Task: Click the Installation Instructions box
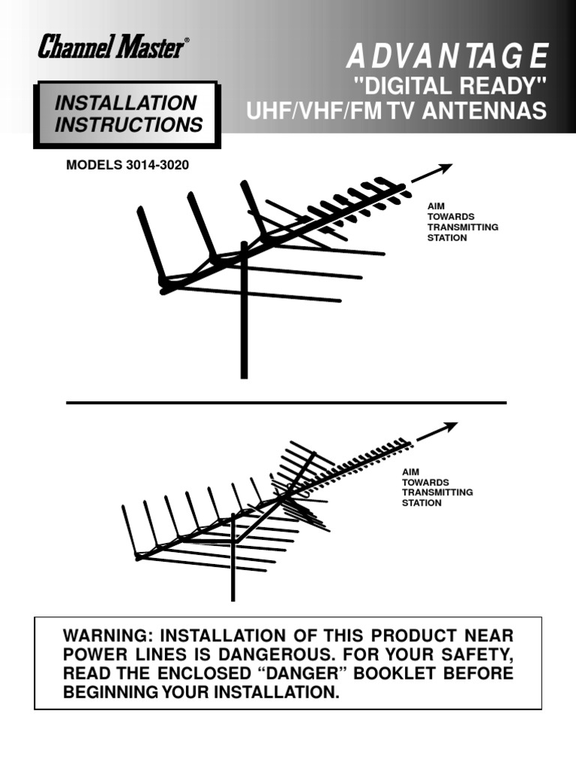pos(128,114)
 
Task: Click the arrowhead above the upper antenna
pos(445,168)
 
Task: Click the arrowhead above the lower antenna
pos(449,427)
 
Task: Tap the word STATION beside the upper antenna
pos(447,238)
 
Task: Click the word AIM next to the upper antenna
pos(436,204)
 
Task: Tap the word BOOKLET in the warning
pos(430,673)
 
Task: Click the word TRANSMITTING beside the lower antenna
pos(437,492)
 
